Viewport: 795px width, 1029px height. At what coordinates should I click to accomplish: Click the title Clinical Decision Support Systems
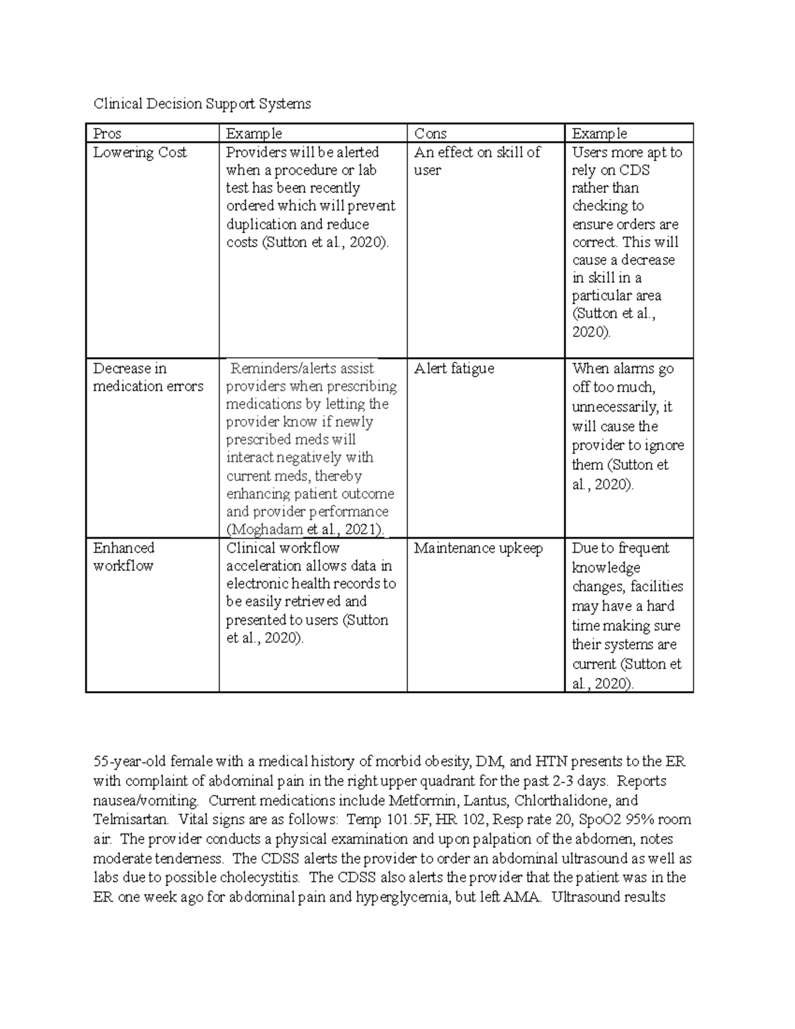click(201, 103)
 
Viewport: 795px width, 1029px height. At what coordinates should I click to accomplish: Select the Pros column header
click(107, 134)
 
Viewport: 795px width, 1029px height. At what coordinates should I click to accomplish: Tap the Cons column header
click(430, 134)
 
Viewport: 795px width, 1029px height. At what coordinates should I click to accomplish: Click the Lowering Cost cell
click(140, 152)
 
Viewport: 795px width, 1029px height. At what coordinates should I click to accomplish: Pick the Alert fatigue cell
click(454, 368)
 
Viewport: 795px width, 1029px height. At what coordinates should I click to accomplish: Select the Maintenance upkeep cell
click(478, 548)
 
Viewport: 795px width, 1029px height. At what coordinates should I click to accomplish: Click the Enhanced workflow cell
click(123, 557)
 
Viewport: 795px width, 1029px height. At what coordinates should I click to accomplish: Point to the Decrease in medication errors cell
click(148, 378)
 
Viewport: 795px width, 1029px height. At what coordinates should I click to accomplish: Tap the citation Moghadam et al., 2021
click(305, 529)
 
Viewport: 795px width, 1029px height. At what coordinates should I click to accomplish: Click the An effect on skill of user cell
click(477, 161)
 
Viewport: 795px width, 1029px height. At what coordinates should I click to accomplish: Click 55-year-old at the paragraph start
click(129, 761)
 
